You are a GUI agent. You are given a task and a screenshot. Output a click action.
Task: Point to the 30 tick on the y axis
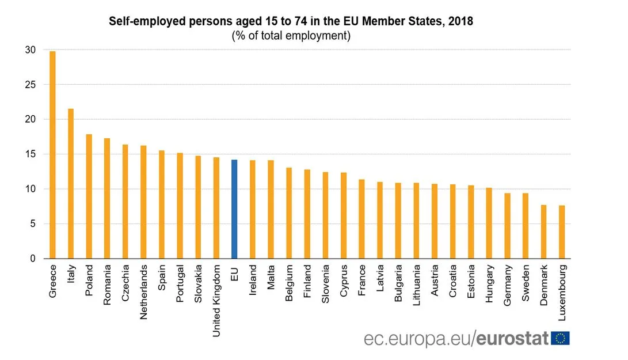[30, 50]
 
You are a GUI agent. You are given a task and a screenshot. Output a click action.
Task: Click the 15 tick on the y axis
[30, 154]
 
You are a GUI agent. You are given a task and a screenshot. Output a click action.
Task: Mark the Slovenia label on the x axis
[325, 283]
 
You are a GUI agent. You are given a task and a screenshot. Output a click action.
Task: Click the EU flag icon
[560, 338]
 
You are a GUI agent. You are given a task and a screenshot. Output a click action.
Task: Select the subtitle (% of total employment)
[291, 36]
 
